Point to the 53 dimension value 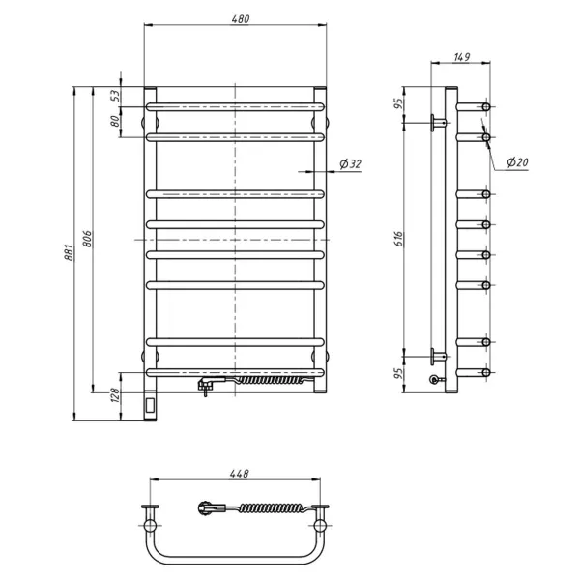point(114,96)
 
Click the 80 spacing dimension point(114,122)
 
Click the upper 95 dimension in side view point(398,104)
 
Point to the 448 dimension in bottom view point(240,474)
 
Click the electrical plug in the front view point(206,385)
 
